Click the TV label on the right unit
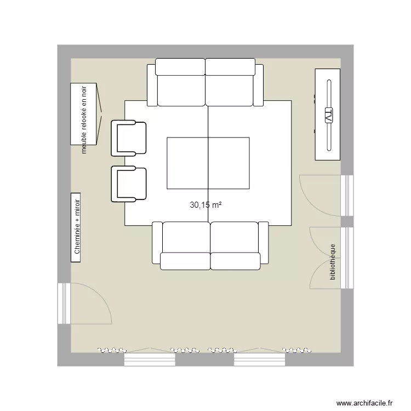pyautogui.click(x=328, y=116)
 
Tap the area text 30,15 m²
pyautogui.click(x=206, y=206)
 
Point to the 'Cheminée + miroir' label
pyautogui.click(x=76, y=227)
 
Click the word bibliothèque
pyautogui.click(x=333, y=262)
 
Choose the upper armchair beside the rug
pyautogui.click(x=129, y=138)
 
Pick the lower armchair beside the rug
pyautogui.click(x=129, y=184)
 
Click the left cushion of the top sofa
pyautogui.click(x=180, y=82)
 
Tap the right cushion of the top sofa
pyautogui.click(x=230, y=82)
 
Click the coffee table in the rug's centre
pyautogui.click(x=208, y=163)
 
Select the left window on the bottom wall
pyautogui.click(x=150, y=359)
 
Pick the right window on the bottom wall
pyautogui.click(x=260, y=359)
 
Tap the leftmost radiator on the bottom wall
pyautogui.click(x=112, y=350)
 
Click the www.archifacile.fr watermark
pyautogui.click(x=364, y=402)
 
